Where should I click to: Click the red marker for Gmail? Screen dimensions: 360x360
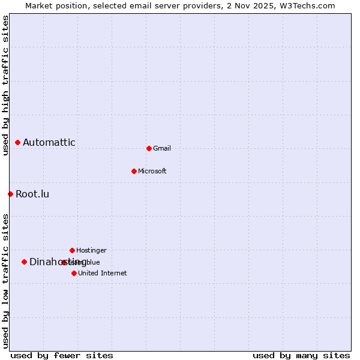click(x=149, y=148)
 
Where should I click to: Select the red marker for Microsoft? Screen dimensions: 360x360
click(x=134, y=171)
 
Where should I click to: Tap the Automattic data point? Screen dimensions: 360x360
click(x=17, y=142)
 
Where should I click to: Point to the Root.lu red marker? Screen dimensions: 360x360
click(x=10, y=194)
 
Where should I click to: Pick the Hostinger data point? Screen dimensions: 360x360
click(x=72, y=250)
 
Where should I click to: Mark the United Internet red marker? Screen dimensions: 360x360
click(x=74, y=273)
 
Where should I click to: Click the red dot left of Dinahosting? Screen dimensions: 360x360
click(x=24, y=262)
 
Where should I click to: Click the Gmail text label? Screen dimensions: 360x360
click(x=162, y=148)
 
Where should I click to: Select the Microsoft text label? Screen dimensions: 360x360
click(x=152, y=171)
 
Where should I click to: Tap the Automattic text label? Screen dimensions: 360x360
click(x=49, y=142)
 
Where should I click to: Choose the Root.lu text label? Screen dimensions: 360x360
click(x=32, y=194)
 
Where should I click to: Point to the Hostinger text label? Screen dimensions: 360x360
click(x=92, y=250)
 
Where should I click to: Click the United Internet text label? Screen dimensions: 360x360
click(x=103, y=273)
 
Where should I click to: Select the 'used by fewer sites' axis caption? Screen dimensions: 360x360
click(x=62, y=355)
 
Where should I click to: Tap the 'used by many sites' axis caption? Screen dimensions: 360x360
click(x=301, y=355)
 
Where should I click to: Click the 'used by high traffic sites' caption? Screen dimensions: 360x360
click(x=5, y=85)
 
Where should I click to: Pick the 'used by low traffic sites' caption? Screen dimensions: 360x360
click(x=5, y=281)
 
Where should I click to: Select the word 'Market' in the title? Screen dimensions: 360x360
click(x=38, y=5)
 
